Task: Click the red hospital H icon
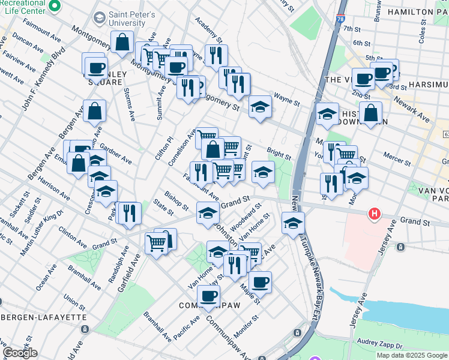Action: [375, 213]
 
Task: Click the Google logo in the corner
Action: [19, 353]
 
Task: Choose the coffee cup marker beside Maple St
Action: [260, 281]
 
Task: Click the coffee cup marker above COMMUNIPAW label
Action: [208, 295]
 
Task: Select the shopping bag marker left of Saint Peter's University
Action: [122, 42]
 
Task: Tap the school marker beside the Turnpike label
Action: [292, 223]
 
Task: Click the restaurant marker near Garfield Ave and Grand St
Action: [130, 212]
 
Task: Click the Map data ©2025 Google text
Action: [411, 355]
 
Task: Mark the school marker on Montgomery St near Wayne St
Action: [259, 106]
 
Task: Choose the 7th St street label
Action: [353, 28]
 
